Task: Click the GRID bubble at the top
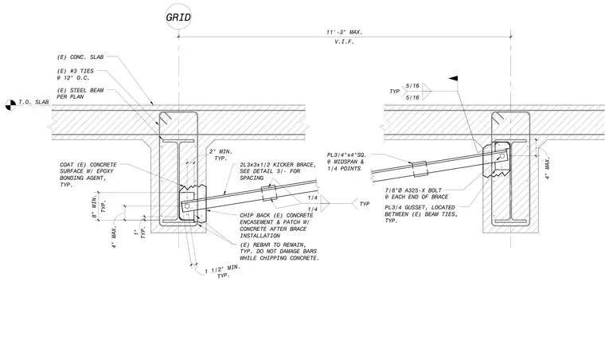[178, 17]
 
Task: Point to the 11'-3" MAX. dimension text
[344, 33]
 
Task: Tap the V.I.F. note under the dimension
[344, 41]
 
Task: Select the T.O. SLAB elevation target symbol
[10, 105]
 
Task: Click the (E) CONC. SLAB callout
[80, 57]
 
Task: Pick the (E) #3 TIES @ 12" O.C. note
[76, 74]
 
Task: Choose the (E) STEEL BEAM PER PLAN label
[80, 93]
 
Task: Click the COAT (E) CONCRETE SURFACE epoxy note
[88, 174]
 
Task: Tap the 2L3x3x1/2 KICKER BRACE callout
[278, 171]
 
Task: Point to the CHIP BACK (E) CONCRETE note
[277, 225]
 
